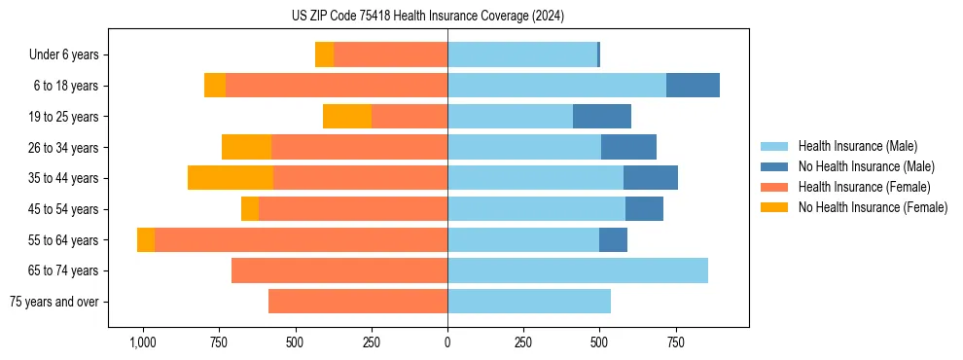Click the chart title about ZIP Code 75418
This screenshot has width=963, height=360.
tap(427, 17)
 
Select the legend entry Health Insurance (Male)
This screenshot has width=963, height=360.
tap(857, 146)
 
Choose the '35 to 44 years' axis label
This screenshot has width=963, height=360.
tap(63, 178)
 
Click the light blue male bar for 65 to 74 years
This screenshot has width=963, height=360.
tap(578, 270)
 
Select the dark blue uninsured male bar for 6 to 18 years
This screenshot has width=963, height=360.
tap(693, 86)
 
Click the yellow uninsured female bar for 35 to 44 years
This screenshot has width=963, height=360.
tap(231, 178)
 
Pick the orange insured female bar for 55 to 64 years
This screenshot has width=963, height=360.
tap(301, 240)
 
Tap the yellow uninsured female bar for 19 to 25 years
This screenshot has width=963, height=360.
tap(347, 117)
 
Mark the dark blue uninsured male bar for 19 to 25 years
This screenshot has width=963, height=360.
tap(602, 117)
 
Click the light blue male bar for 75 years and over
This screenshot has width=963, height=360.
tap(529, 302)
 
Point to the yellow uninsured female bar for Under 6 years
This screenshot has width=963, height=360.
tap(324, 55)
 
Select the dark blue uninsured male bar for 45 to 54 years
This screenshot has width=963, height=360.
tap(644, 209)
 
